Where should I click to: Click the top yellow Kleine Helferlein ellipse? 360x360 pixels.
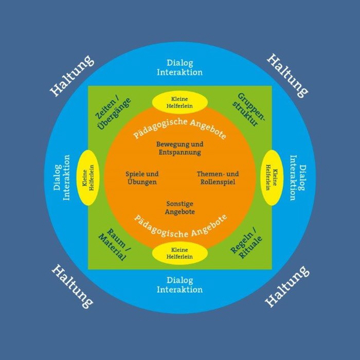[179, 101]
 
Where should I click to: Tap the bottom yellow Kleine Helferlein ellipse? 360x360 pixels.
[179, 253]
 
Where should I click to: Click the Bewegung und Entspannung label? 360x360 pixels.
[179, 148]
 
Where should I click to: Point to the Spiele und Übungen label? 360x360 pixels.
[141, 178]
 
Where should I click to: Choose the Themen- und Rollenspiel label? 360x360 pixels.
[218, 178]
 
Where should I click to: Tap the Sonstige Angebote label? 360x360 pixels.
[179, 207]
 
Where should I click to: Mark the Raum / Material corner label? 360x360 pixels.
[114, 242]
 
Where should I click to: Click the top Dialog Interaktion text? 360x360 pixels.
[179, 67]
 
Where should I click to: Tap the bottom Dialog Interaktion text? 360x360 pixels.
[179, 285]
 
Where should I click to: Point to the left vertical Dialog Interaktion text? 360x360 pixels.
[61, 177]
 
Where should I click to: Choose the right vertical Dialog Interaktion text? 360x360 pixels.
[298, 177]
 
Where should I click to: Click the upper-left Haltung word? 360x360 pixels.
[72, 76]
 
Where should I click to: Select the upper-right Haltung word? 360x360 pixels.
[287, 76]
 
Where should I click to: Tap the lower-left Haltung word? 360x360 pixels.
[73, 285]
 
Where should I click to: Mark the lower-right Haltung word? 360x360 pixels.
[287, 286]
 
